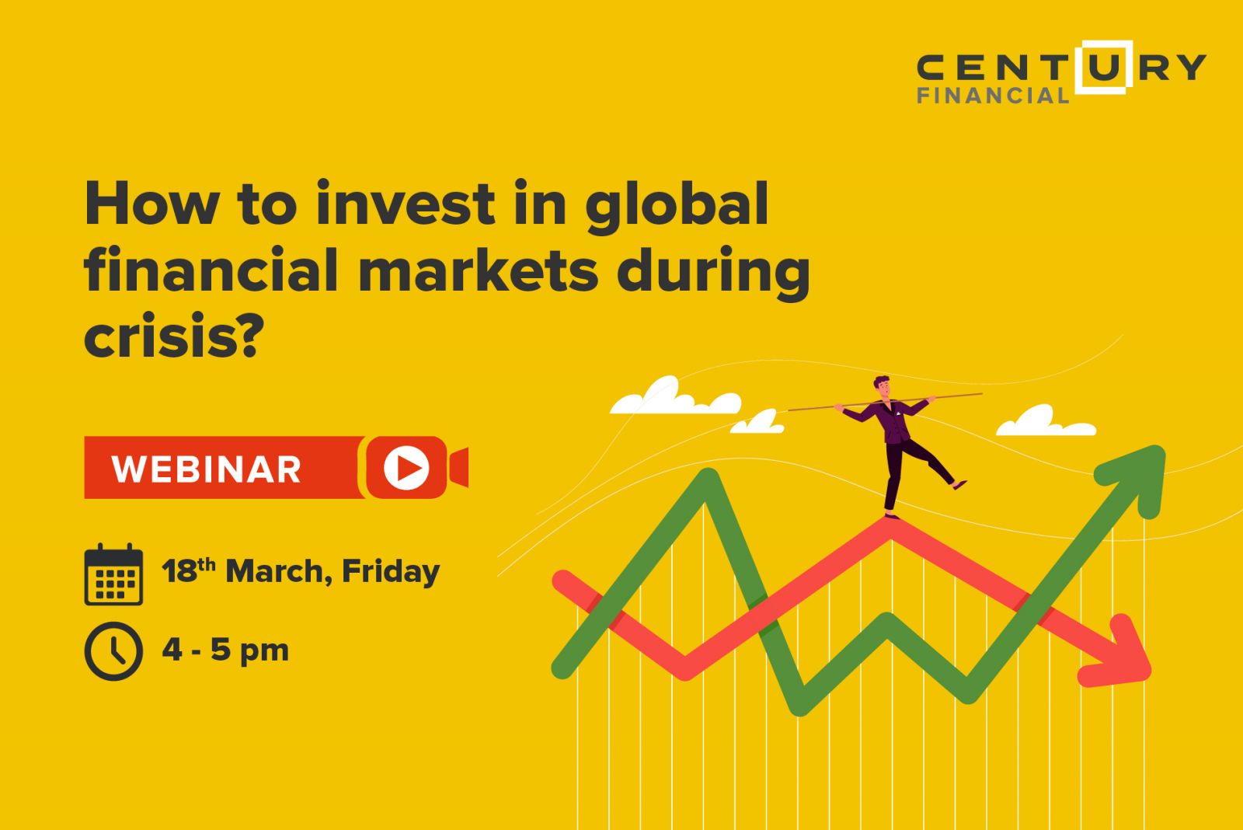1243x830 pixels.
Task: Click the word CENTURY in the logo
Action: [1061, 68]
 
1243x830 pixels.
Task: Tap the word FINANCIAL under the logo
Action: [994, 96]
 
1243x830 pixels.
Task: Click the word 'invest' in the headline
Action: [406, 203]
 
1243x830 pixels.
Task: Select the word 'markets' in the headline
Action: [479, 270]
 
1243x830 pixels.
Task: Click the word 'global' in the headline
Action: [677, 207]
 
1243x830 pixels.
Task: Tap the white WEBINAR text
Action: [207, 469]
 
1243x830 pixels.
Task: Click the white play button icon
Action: [406, 468]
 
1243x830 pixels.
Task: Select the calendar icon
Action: [113, 574]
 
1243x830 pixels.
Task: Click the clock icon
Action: [113, 651]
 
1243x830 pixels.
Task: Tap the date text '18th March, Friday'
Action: [301, 571]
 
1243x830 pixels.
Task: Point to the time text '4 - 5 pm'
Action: [225, 650]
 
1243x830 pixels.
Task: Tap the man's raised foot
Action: [959, 485]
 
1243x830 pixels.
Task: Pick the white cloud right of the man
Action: [1046, 421]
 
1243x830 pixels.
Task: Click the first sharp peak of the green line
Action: [707, 476]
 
